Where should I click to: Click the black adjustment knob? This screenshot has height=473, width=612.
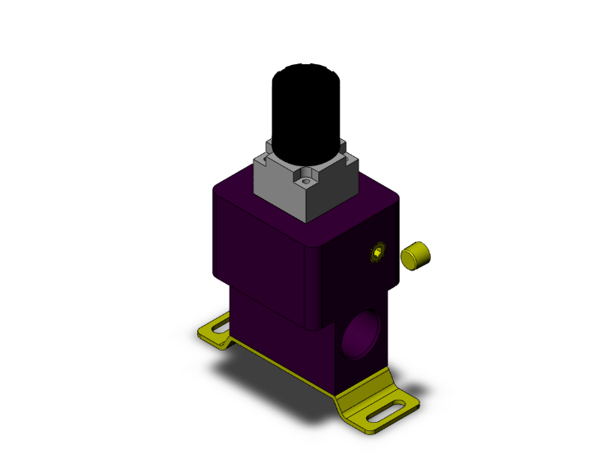click(304, 103)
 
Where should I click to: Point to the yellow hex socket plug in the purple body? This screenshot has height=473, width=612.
click(378, 253)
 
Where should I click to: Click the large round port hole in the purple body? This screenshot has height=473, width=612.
click(362, 334)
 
